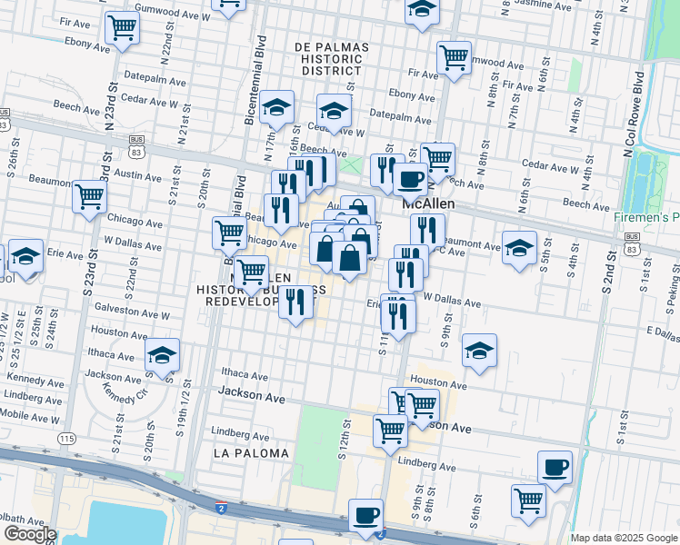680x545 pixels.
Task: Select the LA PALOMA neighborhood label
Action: click(x=251, y=452)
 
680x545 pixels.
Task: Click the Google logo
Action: click(x=30, y=533)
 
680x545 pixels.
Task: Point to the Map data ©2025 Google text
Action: click(x=624, y=538)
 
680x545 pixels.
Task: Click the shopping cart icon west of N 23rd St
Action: click(x=89, y=195)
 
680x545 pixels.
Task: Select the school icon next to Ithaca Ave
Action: click(x=162, y=354)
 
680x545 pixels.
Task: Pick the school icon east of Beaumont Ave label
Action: click(x=519, y=249)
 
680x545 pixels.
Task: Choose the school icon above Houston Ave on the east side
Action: click(x=479, y=350)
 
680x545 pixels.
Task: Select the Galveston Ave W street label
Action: click(x=132, y=315)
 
